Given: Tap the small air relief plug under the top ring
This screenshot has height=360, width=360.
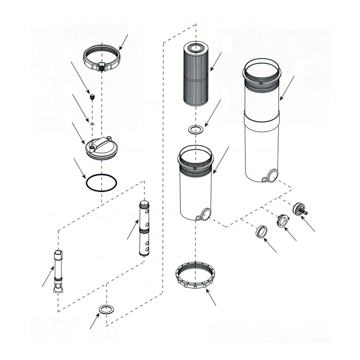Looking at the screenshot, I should tap(92, 96).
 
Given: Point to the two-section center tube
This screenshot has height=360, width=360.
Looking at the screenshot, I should tap(145, 229).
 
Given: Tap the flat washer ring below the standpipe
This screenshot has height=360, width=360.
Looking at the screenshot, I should tap(106, 309).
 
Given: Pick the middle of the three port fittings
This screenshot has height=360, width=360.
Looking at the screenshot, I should tap(282, 220).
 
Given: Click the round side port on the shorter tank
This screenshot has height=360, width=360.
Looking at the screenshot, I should tap(206, 214).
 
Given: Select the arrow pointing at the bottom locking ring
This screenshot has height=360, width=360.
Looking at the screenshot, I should tap(211, 297).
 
